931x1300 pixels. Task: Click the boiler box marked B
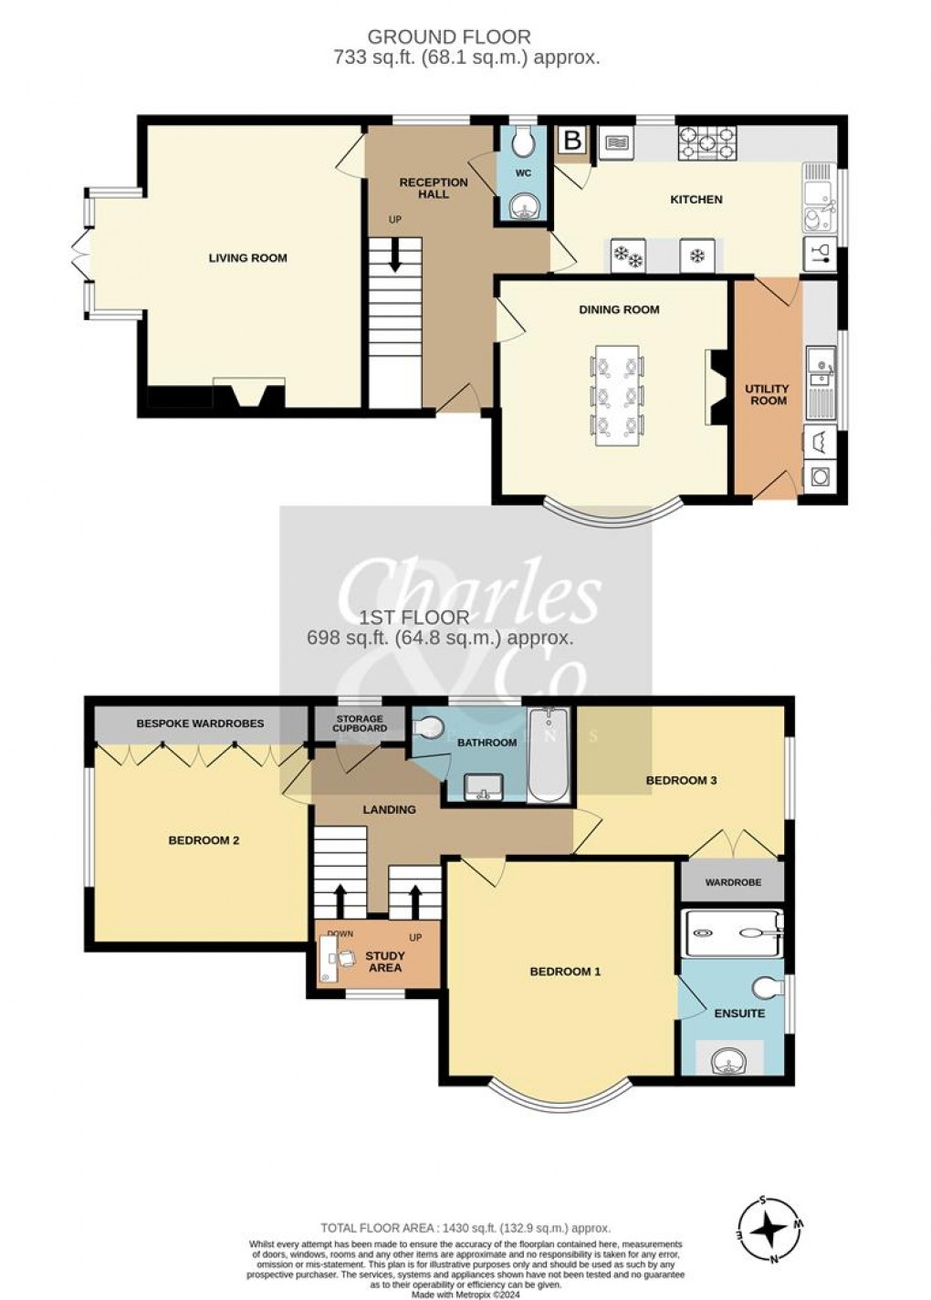pos(572,140)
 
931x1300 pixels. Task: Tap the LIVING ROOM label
pos(247,258)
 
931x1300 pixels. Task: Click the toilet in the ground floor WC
pos(523,141)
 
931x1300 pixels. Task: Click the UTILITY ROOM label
pos(768,394)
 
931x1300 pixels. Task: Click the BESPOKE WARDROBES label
pos(200,723)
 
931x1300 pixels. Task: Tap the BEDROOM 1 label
pos(565,972)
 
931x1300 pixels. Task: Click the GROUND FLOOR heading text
pos(448,36)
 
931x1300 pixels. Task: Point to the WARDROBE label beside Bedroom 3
pos(733,882)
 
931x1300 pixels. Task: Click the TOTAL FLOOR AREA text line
pos(465,1228)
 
